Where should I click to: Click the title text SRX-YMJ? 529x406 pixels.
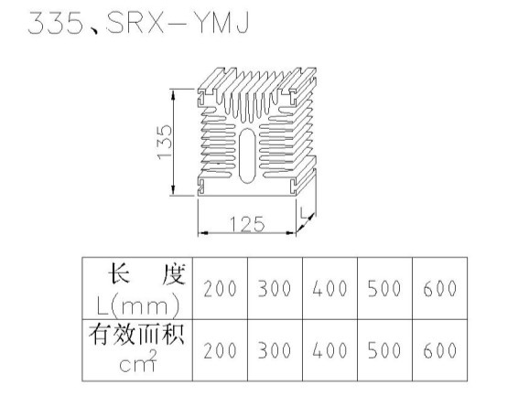click(178, 23)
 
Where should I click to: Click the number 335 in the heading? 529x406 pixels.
click(55, 23)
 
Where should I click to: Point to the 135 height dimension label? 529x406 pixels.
click(166, 142)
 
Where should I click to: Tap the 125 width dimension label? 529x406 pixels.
click(247, 224)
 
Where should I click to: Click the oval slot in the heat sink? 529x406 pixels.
click(247, 155)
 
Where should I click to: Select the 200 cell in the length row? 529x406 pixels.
click(220, 289)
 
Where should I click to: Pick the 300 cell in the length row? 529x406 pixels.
click(275, 289)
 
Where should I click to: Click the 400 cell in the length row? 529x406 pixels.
click(329, 289)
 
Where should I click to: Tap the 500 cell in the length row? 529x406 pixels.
click(384, 289)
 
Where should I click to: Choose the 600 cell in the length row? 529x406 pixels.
click(440, 289)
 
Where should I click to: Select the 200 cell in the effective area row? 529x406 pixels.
click(220, 350)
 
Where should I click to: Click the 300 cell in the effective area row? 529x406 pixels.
click(275, 350)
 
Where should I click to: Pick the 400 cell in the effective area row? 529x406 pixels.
click(329, 350)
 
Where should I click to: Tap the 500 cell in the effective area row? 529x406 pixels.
click(384, 350)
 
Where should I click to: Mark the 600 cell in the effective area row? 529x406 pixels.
click(440, 350)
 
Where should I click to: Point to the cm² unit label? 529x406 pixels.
click(138, 361)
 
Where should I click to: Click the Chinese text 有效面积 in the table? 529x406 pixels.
click(136, 335)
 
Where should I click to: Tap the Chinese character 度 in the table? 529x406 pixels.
click(174, 275)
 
